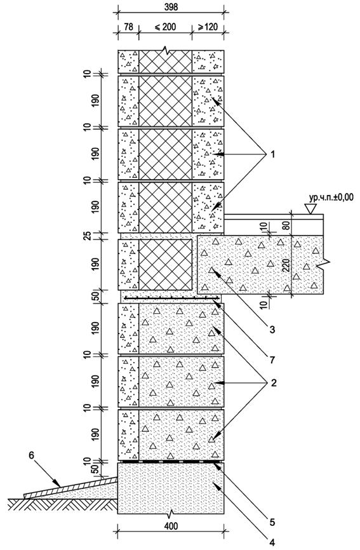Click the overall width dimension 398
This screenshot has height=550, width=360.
tap(171, 6)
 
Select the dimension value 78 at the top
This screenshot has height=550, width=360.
tap(129, 27)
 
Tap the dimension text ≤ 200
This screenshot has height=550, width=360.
tap(164, 27)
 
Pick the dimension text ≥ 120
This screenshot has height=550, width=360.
tap(208, 27)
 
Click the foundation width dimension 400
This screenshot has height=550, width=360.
tap(171, 526)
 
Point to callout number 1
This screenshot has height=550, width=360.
tap(272, 154)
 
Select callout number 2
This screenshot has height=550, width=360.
tap(274, 382)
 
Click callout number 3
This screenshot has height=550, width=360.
tap(272, 330)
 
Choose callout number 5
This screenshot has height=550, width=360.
tap(272, 522)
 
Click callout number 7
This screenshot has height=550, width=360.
tap(272, 359)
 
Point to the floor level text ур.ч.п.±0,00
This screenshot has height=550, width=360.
tap(331, 198)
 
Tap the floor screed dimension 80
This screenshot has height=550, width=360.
tap(286, 225)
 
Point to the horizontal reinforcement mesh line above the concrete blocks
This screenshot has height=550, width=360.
tap(172, 298)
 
